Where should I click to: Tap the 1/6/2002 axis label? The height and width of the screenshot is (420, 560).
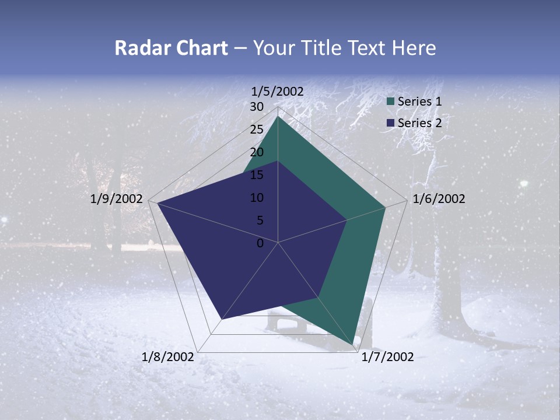click(x=439, y=199)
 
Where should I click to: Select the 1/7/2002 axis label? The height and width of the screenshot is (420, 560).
click(x=387, y=357)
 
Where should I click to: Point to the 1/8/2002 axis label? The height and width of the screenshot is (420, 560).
click(x=168, y=357)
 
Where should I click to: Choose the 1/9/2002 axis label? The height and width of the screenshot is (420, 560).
click(x=117, y=199)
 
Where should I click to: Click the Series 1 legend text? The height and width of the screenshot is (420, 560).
click(x=419, y=101)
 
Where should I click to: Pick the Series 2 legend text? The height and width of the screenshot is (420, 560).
click(x=419, y=123)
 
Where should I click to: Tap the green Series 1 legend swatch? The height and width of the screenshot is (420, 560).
click(x=391, y=101)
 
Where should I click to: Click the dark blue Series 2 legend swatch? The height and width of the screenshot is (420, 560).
click(x=391, y=123)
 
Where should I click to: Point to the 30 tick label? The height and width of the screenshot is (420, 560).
click(x=257, y=107)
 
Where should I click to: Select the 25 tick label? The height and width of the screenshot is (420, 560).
click(x=257, y=129)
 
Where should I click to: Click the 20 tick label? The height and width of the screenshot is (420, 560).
click(x=257, y=152)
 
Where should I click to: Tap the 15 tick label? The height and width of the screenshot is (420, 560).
click(x=257, y=175)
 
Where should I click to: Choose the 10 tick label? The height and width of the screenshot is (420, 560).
click(x=257, y=198)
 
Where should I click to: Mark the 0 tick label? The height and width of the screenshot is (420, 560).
click(x=260, y=243)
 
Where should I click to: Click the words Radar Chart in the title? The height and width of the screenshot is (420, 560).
click(x=171, y=48)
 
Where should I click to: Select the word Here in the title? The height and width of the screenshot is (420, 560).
click(x=414, y=48)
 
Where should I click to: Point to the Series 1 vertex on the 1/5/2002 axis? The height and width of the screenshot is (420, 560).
click(x=278, y=117)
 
